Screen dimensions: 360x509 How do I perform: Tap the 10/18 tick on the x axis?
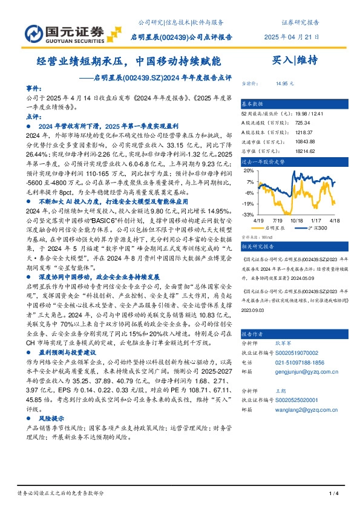click(296, 221)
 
